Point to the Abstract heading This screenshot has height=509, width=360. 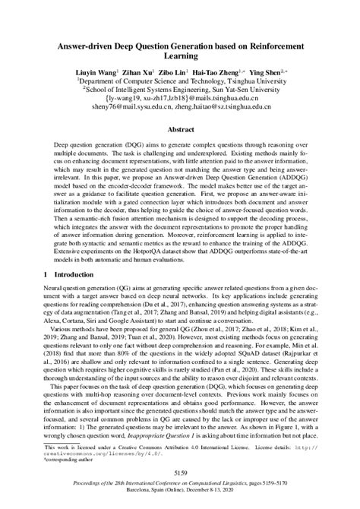[x=179, y=129]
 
